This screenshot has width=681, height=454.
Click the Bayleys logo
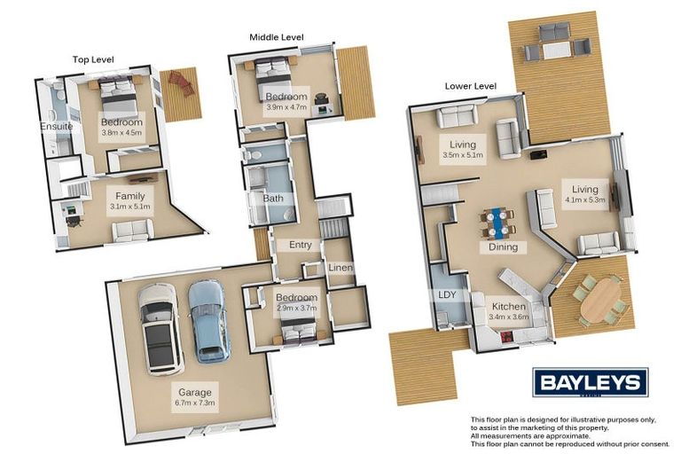[x=591, y=382]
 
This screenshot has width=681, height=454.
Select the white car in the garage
[x=160, y=328]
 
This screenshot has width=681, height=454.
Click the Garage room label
[x=195, y=392]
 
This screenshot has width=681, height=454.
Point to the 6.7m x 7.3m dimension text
[x=195, y=403]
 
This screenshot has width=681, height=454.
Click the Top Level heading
[x=93, y=59]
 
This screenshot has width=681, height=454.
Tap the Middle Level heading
[x=277, y=37]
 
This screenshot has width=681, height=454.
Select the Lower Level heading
[x=470, y=86]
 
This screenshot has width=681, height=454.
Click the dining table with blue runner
[x=497, y=223]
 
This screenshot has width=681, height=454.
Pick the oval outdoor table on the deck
[x=600, y=300]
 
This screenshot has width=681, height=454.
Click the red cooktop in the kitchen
[x=506, y=336]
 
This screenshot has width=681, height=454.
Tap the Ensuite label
[x=57, y=127]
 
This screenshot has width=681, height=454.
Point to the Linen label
[x=340, y=268]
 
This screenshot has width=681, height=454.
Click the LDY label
[x=447, y=294]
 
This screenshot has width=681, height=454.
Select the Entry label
[x=300, y=245]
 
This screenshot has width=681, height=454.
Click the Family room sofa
[x=133, y=230]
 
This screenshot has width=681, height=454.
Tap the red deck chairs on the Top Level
[x=181, y=82]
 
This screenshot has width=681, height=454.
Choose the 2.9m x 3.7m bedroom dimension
[x=297, y=308]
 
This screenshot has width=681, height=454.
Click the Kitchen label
[x=509, y=306]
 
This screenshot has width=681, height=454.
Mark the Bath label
[x=273, y=199]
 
